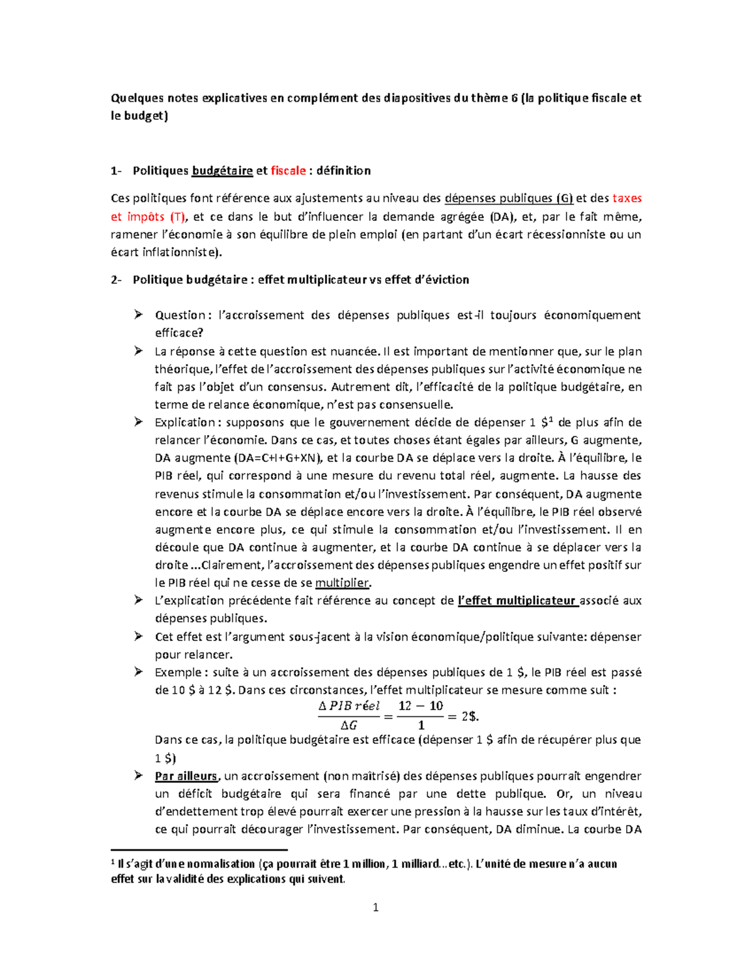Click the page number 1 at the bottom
point(375,907)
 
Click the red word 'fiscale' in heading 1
point(288,171)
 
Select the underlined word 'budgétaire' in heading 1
point(222,171)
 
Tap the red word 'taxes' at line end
point(627,198)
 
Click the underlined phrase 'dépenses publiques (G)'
point(508,198)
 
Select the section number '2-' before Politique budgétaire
point(117,280)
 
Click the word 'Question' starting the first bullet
point(180,315)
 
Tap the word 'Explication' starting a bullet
point(185,423)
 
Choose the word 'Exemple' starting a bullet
point(178,672)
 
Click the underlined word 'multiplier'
point(342,583)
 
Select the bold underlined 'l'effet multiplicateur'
point(517,601)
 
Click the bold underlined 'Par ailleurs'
point(186,776)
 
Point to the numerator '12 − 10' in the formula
point(420,706)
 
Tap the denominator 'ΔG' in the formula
point(349,726)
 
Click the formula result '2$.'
point(470,716)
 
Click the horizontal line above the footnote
point(198,850)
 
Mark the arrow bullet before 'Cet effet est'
point(139,637)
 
